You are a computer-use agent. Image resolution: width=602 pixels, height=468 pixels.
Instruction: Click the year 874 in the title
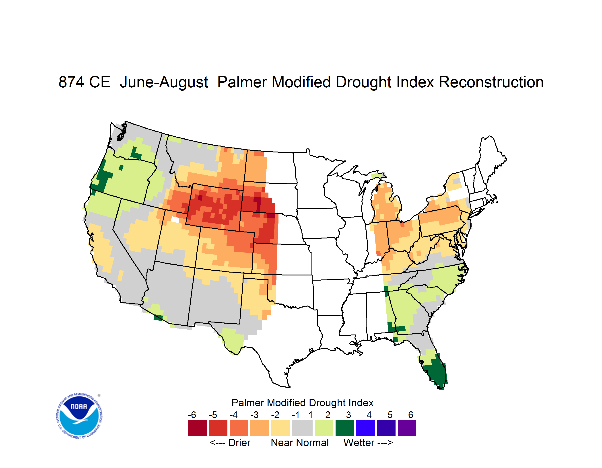click(x=71, y=82)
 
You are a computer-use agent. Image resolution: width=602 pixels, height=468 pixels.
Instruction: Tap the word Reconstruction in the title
click(x=491, y=82)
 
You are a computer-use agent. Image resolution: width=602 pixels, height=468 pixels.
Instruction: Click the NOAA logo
click(x=79, y=416)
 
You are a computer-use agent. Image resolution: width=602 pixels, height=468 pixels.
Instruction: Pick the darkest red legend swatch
click(x=197, y=428)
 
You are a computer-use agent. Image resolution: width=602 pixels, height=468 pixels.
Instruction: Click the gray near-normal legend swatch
click(x=302, y=428)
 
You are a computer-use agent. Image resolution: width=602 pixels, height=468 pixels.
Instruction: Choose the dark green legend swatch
click(x=344, y=428)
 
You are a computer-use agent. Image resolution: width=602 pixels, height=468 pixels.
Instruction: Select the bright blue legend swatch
click(x=365, y=428)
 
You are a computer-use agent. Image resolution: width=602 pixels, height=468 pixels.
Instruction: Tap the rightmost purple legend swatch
click(x=407, y=428)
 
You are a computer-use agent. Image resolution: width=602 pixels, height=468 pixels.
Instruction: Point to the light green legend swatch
click(x=324, y=428)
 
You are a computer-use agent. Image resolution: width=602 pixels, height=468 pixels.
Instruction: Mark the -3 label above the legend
click(x=254, y=415)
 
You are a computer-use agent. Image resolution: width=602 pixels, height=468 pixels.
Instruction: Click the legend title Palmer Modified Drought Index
click(x=302, y=403)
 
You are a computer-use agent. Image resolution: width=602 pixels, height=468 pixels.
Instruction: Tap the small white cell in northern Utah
click(x=175, y=220)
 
